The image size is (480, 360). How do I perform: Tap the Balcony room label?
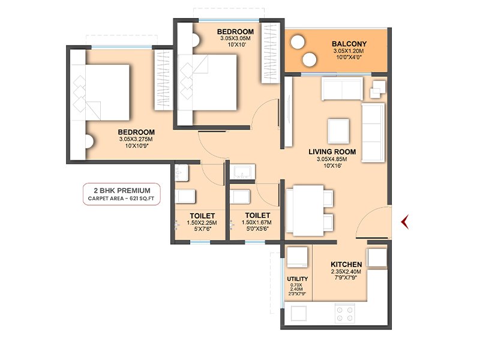pyautogui.click(x=349, y=44)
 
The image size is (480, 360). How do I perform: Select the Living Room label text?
pyautogui.click(x=332, y=152)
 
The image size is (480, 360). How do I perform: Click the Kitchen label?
pyautogui.click(x=346, y=264)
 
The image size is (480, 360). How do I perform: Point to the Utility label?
pyautogui.click(x=297, y=279)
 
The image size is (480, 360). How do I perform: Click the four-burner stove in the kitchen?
pyautogui.click(x=344, y=314)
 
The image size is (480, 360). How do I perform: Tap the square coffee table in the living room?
pyautogui.click(x=338, y=131)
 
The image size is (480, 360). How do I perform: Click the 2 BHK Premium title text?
pyautogui.click(x=122, y=190)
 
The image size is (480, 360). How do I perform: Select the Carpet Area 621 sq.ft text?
pyautogui.click(x=121, y=199)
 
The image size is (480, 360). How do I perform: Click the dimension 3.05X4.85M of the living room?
pyautogui.click(x=332, y=159)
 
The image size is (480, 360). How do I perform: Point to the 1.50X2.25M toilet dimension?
pyautogui.click(x=202, y=223)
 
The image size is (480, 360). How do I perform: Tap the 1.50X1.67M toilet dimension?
pyautogui.click(x=257, y=223)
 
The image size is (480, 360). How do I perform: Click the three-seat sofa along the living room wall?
pyautogui.click(x=373, y=133)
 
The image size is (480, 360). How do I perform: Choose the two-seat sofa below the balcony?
pyautogui.click(x=342, y=88)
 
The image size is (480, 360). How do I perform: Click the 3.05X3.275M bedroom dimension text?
pyautogui.click(x=136, y=139)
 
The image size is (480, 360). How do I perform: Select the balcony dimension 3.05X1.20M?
pyautogui.click(x=349, y=51)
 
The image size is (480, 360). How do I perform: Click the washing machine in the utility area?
pyautogui.click(x=297, y=257)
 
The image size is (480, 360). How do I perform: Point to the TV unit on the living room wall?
pyautogui.click(x=289, y=112)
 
